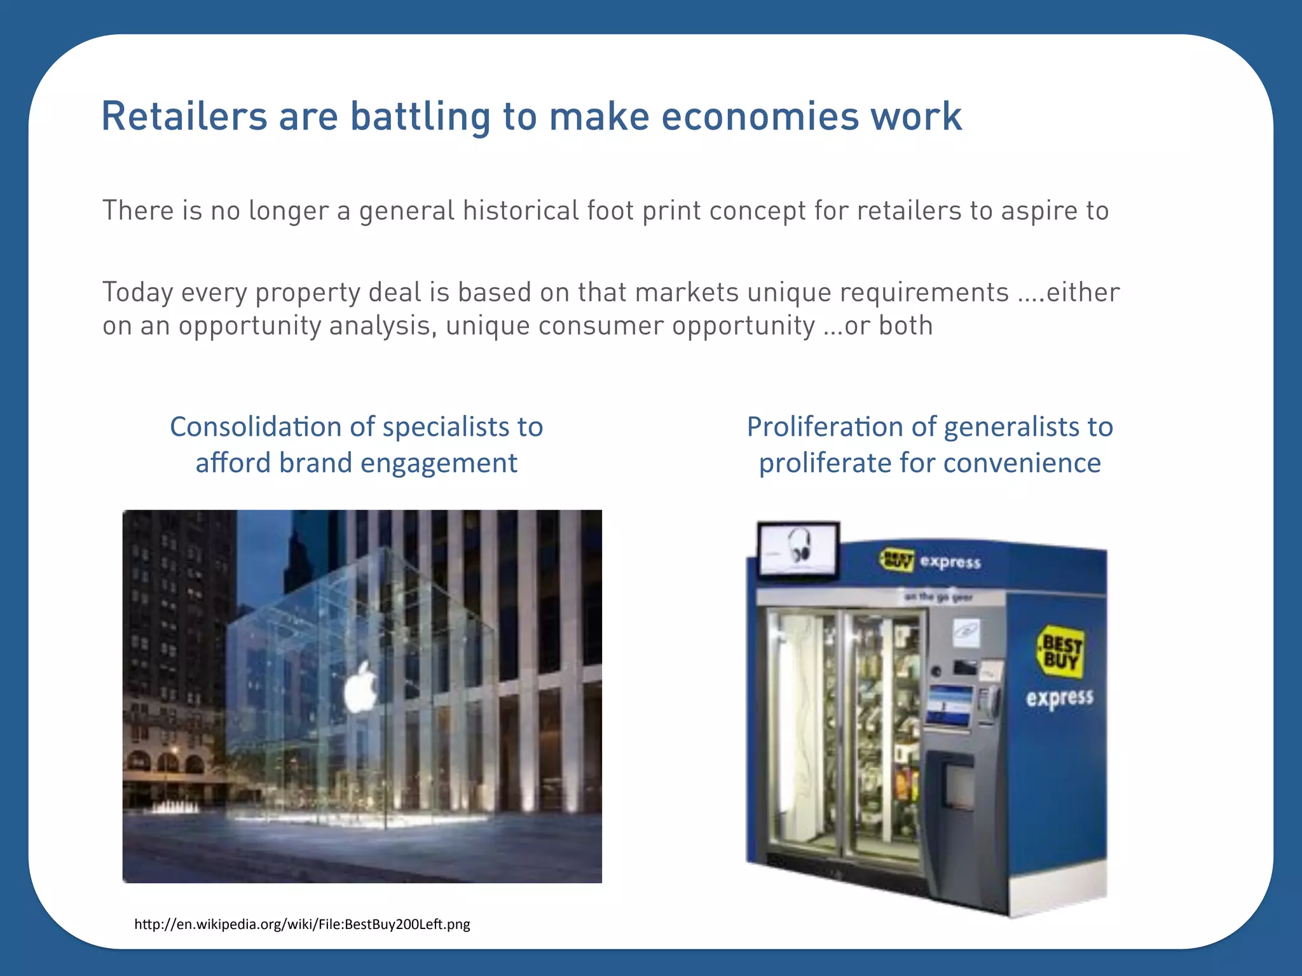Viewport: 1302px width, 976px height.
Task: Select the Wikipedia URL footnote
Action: click(302, 924)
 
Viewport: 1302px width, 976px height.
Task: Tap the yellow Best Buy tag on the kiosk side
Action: click(1059, 651)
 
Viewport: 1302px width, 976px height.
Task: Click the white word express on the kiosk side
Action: click(1059, 698)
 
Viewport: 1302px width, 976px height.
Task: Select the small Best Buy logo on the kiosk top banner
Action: click(897, 560)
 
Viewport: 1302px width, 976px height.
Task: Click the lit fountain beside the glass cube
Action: click(174, 807)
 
